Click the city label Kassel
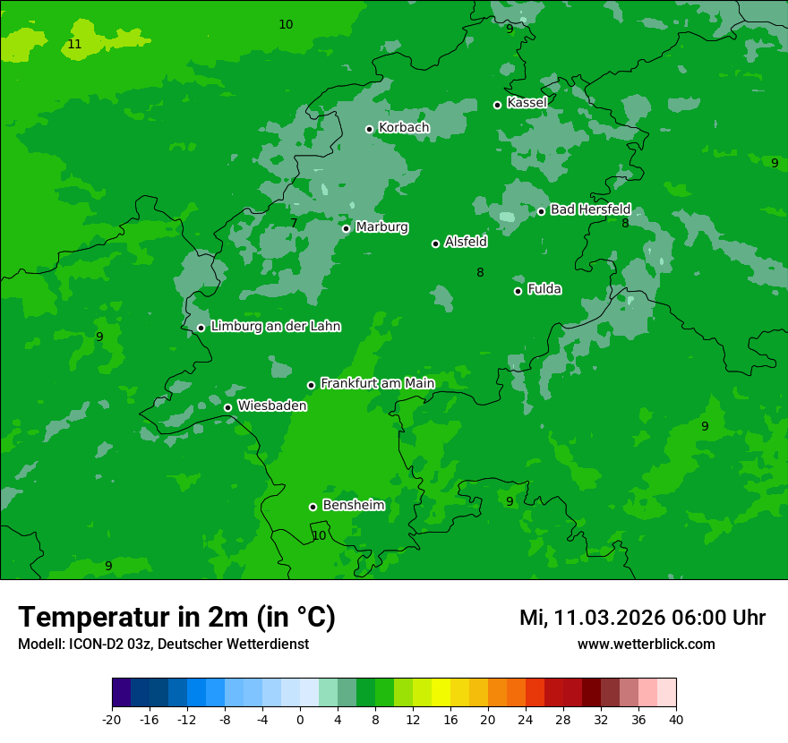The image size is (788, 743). (527, 103)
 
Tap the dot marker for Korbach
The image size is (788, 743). (369, 129)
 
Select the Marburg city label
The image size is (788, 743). (381, 227)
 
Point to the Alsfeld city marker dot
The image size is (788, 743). (435, 243)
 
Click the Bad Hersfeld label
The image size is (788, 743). (590, 209)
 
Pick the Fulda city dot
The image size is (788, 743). (518, 291)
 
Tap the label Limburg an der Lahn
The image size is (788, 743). (275, 327)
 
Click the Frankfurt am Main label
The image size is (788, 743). (377, 383)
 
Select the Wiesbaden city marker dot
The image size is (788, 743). (227, 407)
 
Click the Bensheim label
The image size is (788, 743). (353, 505)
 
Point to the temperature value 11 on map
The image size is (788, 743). (74, 44)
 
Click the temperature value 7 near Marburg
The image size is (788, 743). (294, 223)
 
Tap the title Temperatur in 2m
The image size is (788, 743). (176, 617)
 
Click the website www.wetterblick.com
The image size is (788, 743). (646, 644)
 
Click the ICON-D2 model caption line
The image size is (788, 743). (163, 644)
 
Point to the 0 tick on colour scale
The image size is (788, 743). (300, 720)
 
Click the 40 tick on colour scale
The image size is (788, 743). (675, 720)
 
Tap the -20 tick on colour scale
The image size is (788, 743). (112, 720)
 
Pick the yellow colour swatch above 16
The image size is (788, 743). (450, 693)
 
